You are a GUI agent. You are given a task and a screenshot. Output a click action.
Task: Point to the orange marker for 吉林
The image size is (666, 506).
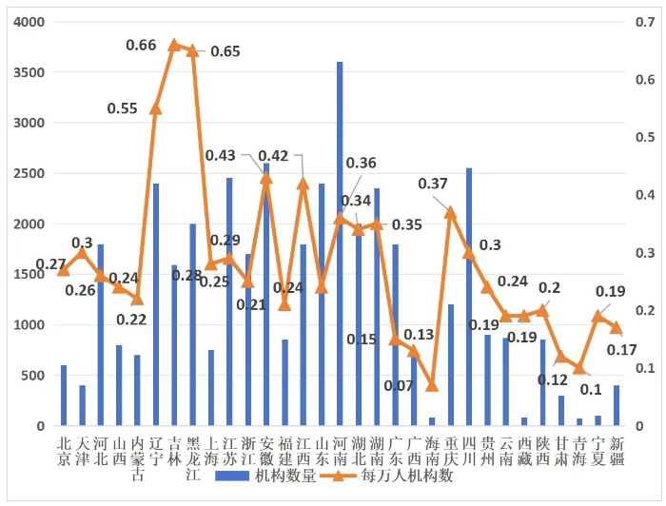(174, 45)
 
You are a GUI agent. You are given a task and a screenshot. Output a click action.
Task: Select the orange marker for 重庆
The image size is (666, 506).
(451, 213)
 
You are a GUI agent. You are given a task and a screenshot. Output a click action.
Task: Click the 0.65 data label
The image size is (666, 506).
(225, 51)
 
